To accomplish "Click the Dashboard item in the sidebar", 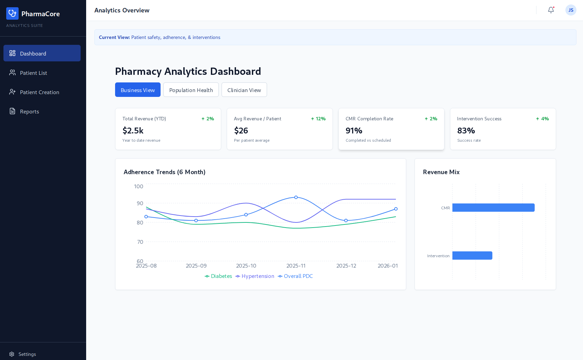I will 42,53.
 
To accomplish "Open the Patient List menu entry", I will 33,73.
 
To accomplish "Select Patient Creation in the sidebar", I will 39,92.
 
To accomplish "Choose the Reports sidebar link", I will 29,111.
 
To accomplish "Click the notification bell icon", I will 551,10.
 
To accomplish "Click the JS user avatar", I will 571,10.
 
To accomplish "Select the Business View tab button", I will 137,90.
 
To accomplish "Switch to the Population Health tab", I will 191,90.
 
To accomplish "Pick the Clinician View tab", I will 244,90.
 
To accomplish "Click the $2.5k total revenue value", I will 133,131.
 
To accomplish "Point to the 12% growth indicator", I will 318,119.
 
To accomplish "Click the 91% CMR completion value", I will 354,131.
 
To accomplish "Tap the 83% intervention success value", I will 466,131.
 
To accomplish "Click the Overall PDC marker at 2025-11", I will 296,197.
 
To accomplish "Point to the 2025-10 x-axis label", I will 246,266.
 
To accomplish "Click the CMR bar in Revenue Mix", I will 493,208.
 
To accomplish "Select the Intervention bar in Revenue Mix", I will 472,256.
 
